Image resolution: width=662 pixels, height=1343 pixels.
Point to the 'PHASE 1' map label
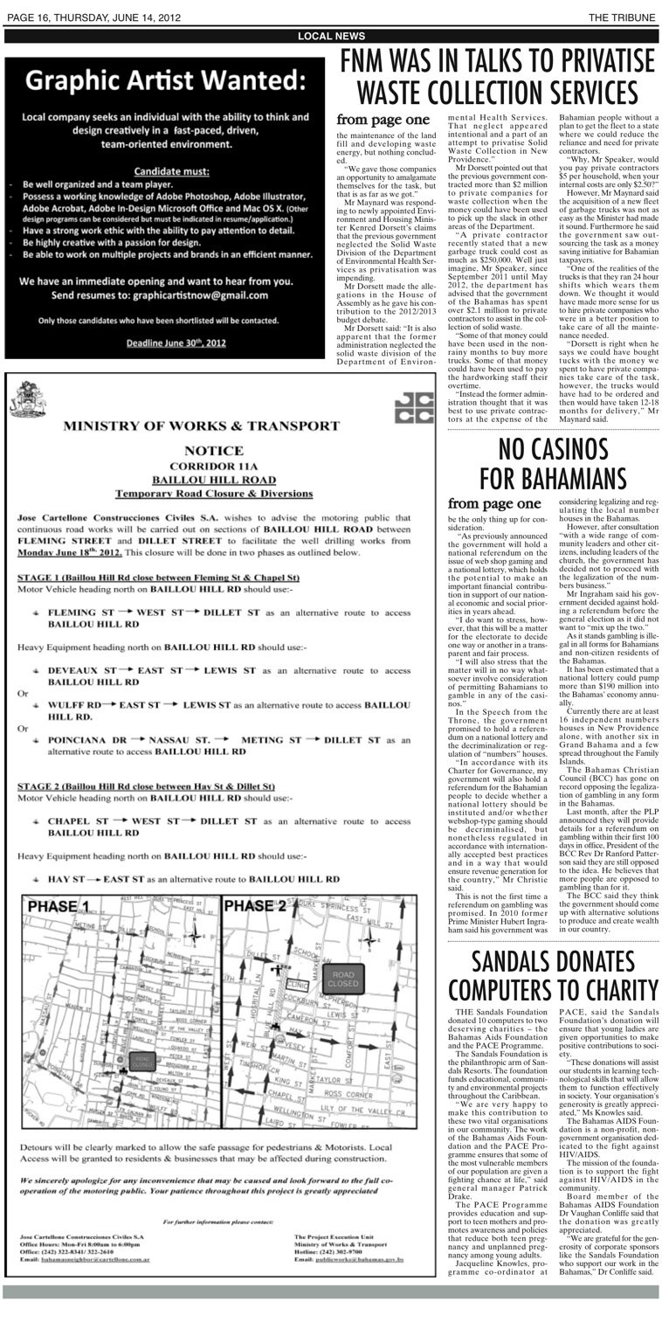pos(59,906)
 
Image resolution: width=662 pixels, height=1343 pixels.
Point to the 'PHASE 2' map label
pos(255,906)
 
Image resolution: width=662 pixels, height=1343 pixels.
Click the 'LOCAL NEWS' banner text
pos(331,36)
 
